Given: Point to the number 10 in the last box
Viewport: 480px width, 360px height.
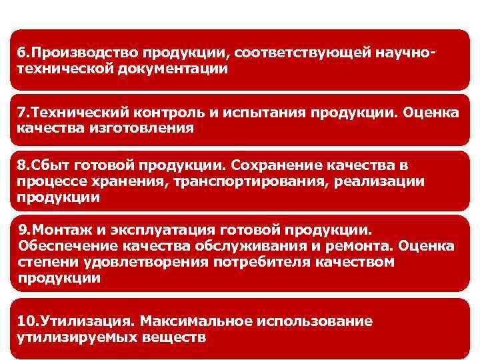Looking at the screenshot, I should (x=25, y=321).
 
